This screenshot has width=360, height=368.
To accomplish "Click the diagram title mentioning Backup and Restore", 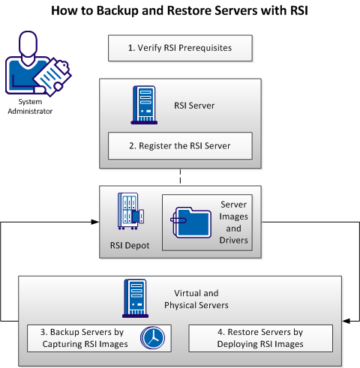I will tap(180, 12).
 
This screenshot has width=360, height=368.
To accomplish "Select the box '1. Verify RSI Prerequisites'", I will tap(179, 48).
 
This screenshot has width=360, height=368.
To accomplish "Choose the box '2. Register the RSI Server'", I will tap(179, 145).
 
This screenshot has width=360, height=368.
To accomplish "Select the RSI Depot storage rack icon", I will tap(129, 214).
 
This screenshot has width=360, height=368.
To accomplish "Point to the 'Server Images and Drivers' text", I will tap(233, 222).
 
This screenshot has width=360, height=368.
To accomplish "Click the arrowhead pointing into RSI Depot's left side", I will tap(97, 222).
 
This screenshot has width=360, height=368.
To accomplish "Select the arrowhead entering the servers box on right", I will tap(346, 321).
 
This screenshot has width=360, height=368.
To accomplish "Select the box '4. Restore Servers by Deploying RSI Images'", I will tap(259, 338).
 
